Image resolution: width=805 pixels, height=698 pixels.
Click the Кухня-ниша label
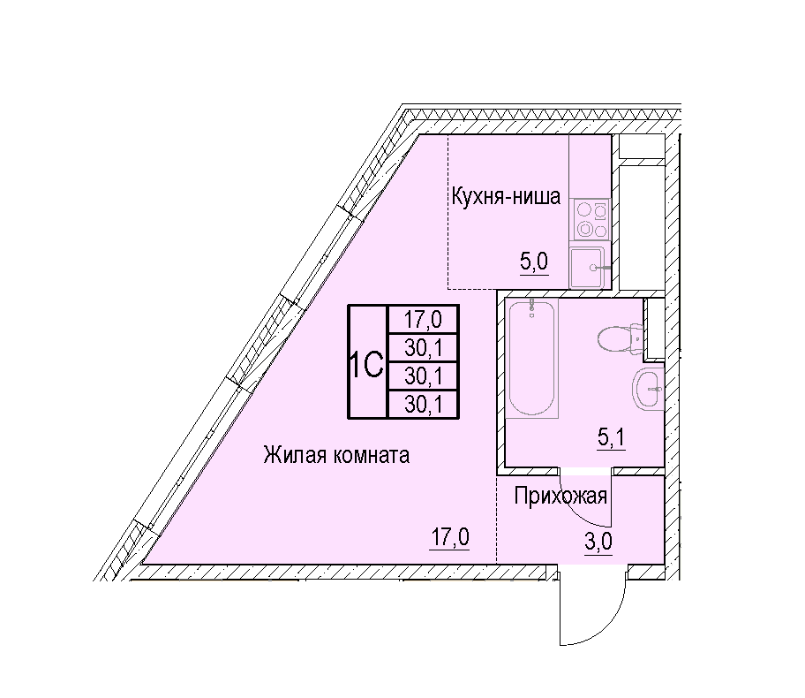pos(506,197)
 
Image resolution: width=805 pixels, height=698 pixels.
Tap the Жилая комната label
pos(336,455)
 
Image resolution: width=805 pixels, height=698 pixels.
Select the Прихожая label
pos(560,496)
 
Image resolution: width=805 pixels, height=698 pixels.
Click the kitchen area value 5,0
pos(534,262)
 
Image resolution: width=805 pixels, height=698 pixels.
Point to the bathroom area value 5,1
pos(611,438)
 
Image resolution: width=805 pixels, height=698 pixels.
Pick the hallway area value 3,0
pos(598,542)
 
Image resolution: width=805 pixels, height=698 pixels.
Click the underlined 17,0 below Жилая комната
pos(450,537)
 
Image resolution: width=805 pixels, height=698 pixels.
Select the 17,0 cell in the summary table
pos(423,320)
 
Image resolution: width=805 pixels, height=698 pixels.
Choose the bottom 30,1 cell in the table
pos(423,405)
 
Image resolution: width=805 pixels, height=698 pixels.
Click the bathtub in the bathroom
pos(532,358)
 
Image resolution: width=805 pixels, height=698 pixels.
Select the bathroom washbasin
pos(648,389)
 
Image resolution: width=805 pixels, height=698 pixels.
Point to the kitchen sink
pos(590,268)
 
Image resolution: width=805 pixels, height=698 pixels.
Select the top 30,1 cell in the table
pos(423,348)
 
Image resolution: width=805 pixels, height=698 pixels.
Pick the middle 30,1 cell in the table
pos(423,376)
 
